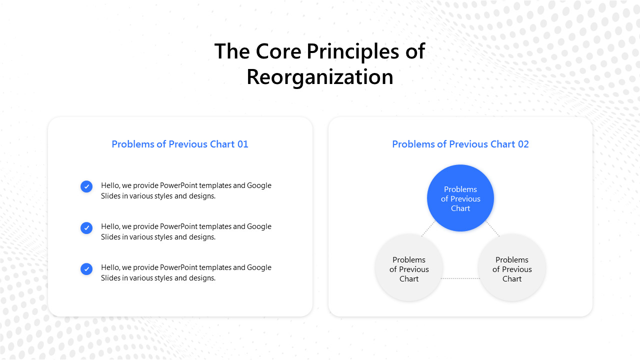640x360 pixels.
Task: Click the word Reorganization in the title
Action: click(x=319, y=77)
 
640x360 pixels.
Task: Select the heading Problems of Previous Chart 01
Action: click(x=179, y=144)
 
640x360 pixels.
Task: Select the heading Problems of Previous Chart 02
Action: click(x=460, y=144)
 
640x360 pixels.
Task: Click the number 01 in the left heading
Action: click(x=242, y=144)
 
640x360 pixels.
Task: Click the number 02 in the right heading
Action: click(x=523, y=144)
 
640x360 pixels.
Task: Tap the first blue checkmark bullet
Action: click(x=86, y=186)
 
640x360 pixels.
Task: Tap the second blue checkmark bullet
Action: click(x=86, y=228)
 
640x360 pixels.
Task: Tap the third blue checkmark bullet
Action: click(x=86, y=269)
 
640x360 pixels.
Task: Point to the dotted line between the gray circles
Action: click(x=460, y=278)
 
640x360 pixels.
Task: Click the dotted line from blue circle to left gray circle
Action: click(x=428, y=228)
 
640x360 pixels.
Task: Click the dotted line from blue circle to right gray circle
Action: click(x=492, y=228)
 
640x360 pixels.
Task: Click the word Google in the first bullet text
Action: click(x=259, y=185)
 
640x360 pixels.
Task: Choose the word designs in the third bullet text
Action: click(x=201, y=278)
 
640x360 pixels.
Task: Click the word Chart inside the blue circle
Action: click(x=460, y=208)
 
